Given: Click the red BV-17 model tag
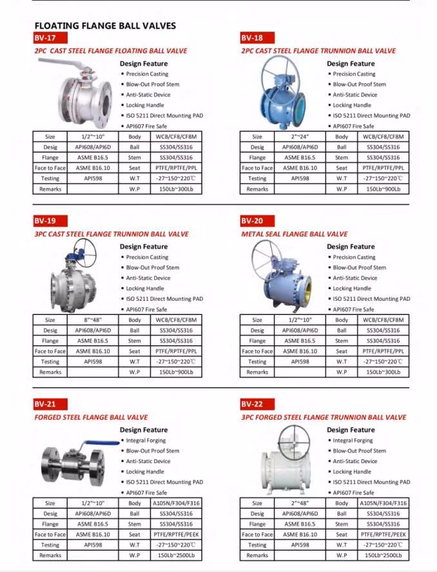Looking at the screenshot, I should click(x=46, y=38).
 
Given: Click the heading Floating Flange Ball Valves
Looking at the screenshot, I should click(x=105, y=26).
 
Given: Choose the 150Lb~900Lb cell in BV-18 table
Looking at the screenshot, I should click(x=383, y=189).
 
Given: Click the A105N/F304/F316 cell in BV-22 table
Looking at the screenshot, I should click(x=383, y=503).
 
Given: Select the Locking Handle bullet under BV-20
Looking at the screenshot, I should click(x=352, y=289).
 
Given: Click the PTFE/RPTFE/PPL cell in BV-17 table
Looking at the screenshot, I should click(x=176, y=167).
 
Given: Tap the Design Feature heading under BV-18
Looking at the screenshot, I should click(x=351, y=64).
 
